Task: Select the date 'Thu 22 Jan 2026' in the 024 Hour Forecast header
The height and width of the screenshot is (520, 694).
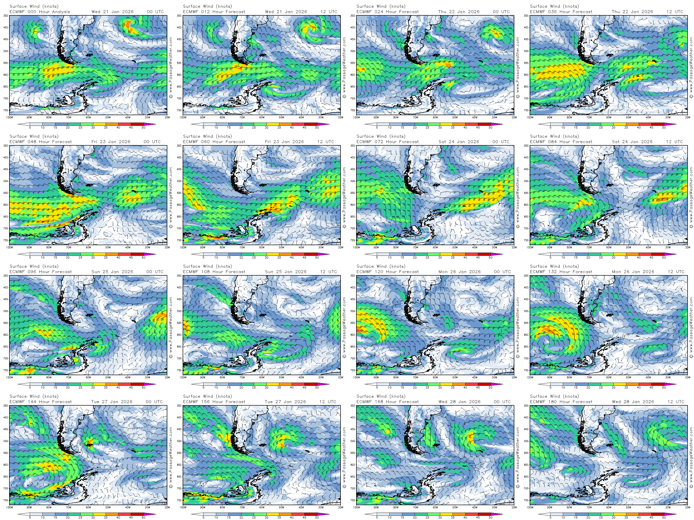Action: tap(459, 12)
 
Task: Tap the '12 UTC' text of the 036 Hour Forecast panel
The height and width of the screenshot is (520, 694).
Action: tap(675, 12)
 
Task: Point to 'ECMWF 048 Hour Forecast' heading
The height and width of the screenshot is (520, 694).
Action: tap(40, 142)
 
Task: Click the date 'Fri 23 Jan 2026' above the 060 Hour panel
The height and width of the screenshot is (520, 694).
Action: tap(284, 142)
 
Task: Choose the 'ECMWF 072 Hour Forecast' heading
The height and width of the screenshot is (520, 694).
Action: tap(387, 142)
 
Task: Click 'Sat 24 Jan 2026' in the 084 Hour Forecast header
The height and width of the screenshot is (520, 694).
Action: tap(632, 142)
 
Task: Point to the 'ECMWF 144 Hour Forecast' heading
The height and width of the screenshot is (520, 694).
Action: tap(40, 402)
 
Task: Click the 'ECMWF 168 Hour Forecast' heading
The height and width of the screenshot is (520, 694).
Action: tap(387, 402)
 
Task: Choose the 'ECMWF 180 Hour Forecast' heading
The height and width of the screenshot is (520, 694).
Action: tap(561, 402)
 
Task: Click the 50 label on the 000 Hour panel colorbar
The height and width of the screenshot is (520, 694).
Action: tap(143, 128)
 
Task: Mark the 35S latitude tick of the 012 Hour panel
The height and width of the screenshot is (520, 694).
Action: tap(179, 16)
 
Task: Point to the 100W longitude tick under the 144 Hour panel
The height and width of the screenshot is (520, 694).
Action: tap(9, 507)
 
